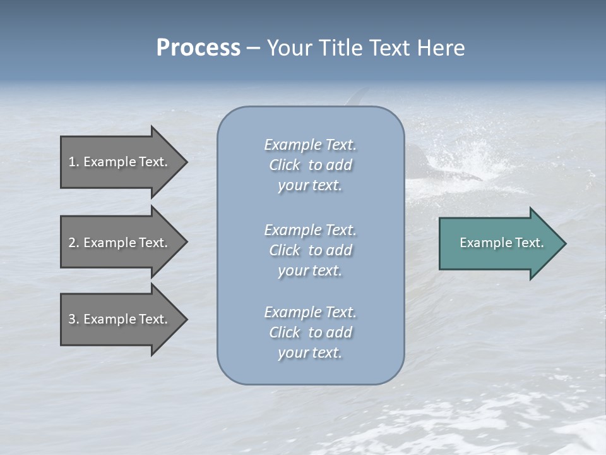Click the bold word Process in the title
[198, 48]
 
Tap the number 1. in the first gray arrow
[74, 162]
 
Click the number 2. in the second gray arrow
[74, 243]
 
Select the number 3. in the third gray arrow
[74, 319]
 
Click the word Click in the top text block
[285, 165]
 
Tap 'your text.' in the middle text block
[310, 270]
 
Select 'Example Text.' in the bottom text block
[310, 312]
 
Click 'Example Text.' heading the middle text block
[310, 229]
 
